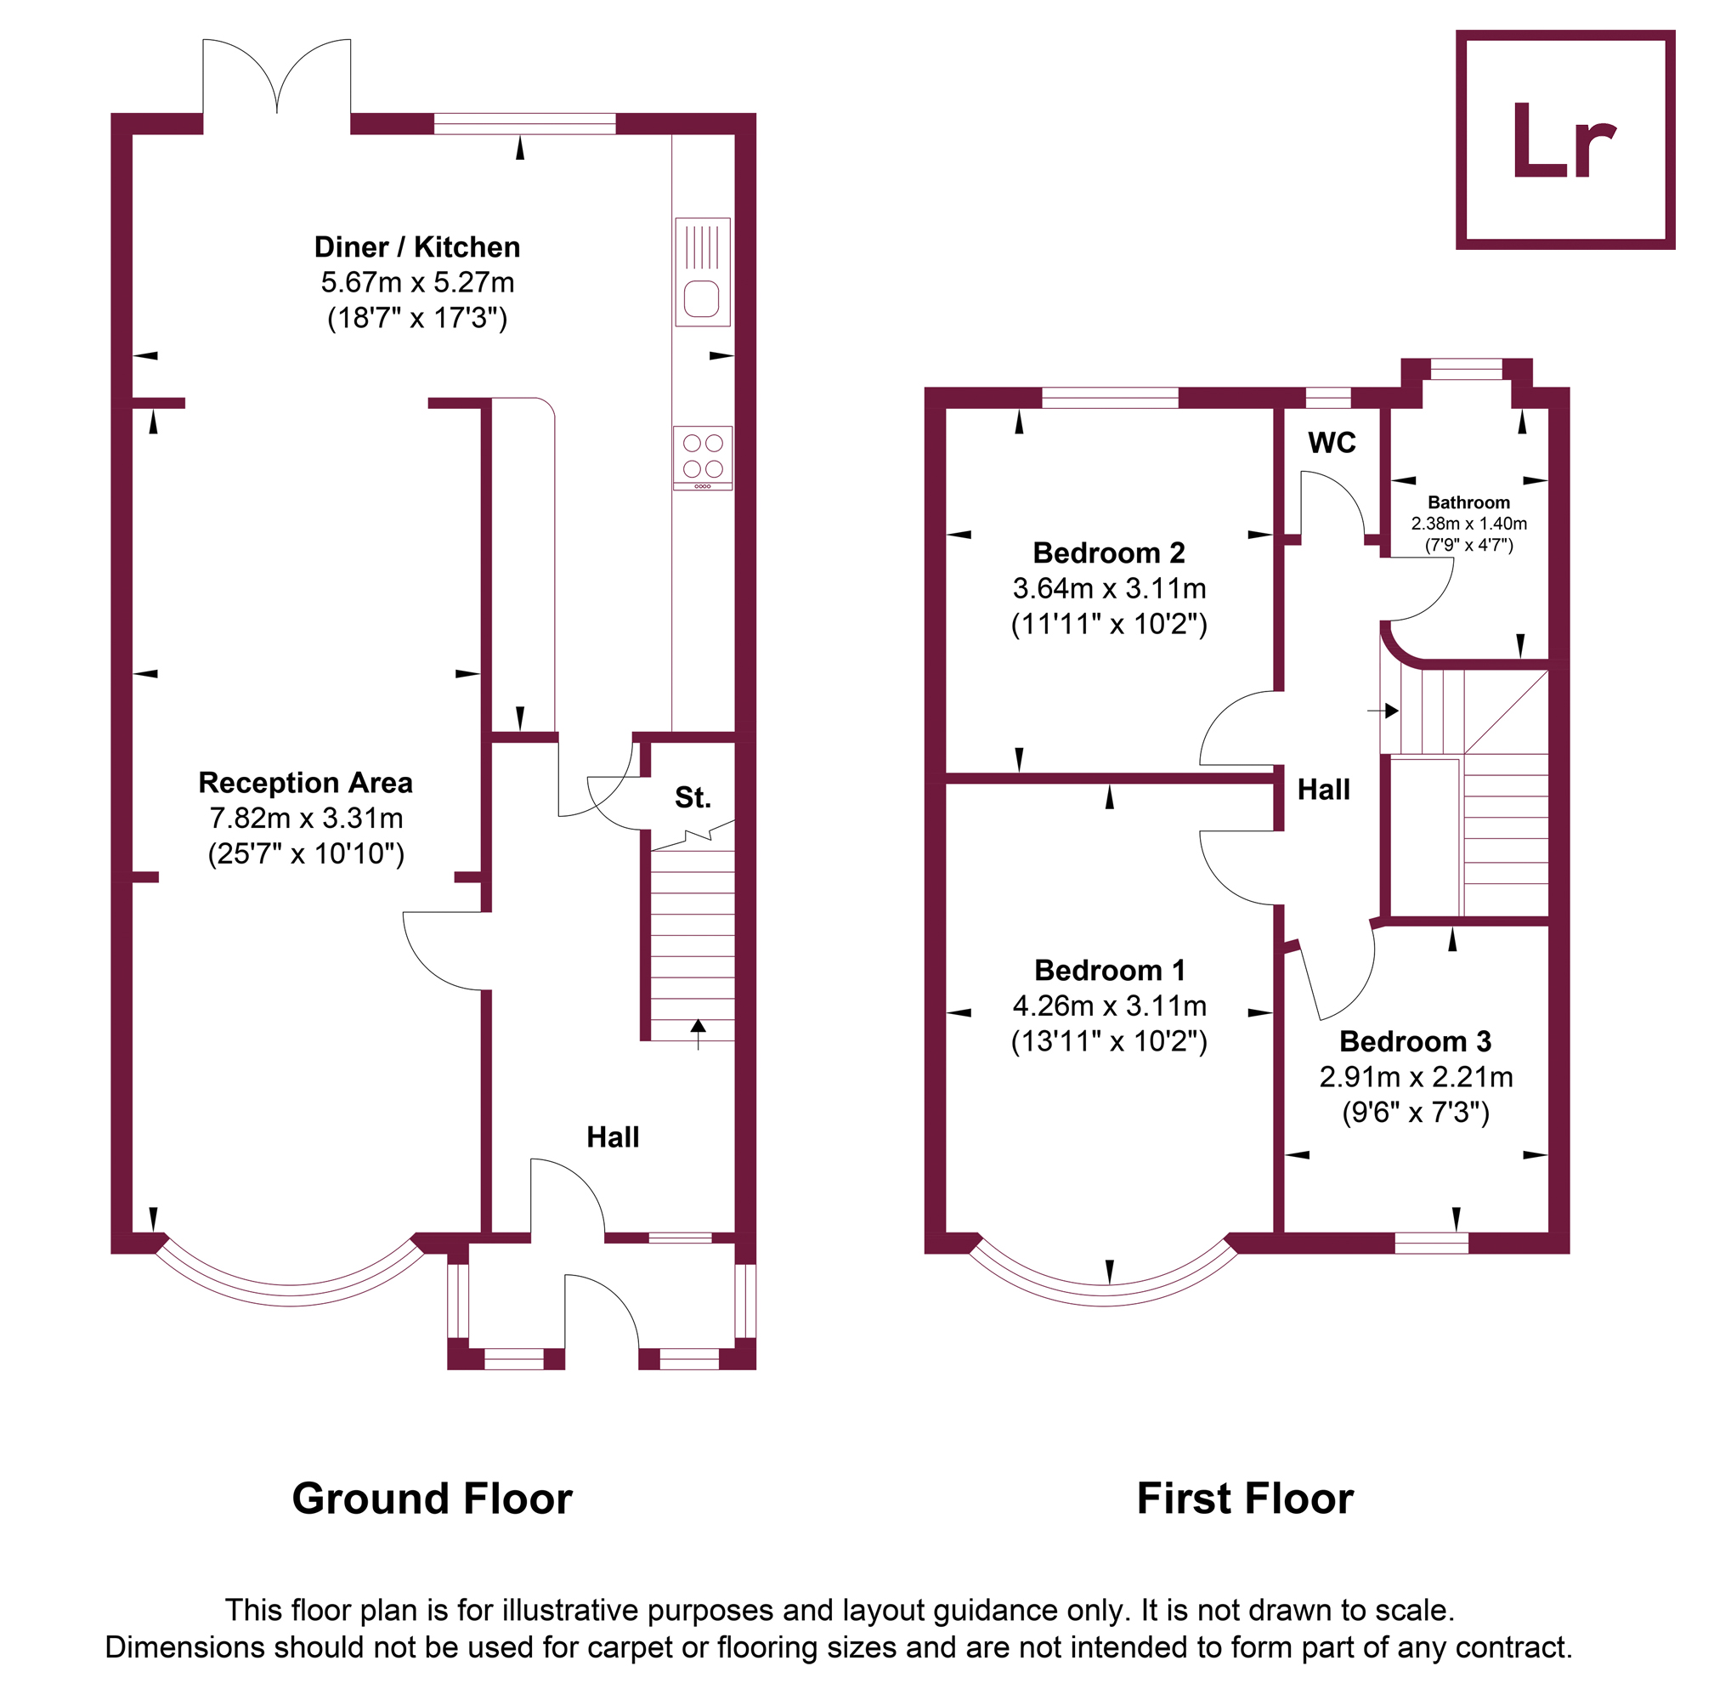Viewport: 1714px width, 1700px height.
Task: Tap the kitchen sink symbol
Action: [x=703, y=271]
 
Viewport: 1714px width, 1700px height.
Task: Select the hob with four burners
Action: [x=703, y=458]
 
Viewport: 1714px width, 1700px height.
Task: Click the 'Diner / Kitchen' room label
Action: [x=417, y=246]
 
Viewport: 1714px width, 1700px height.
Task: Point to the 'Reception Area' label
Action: [x=305, y=783]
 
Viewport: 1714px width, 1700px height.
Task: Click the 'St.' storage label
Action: [x=693, y=797]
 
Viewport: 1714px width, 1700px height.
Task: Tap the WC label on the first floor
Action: [x=1332, y=443]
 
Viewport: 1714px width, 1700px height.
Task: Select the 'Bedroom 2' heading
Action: [x=1109, y=552]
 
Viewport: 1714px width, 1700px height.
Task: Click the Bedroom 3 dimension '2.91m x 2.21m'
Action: [x=1416, y=1076]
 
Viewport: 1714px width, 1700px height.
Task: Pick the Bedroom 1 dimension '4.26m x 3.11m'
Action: [x=1109, y=1006]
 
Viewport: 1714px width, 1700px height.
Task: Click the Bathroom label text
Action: [x=1468, y=502]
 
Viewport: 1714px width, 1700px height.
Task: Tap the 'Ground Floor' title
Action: [x=432, y=1499]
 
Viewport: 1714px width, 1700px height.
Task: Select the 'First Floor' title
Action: [x=1245, y=1499]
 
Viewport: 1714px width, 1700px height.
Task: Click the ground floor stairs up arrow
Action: [x=699, y=1034]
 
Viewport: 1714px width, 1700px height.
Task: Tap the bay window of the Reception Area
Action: [x=290, y=1295]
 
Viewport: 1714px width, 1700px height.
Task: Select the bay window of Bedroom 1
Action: [x=1104, y=1295]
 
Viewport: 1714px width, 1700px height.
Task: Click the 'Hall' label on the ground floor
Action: [x=612, y=1136]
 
